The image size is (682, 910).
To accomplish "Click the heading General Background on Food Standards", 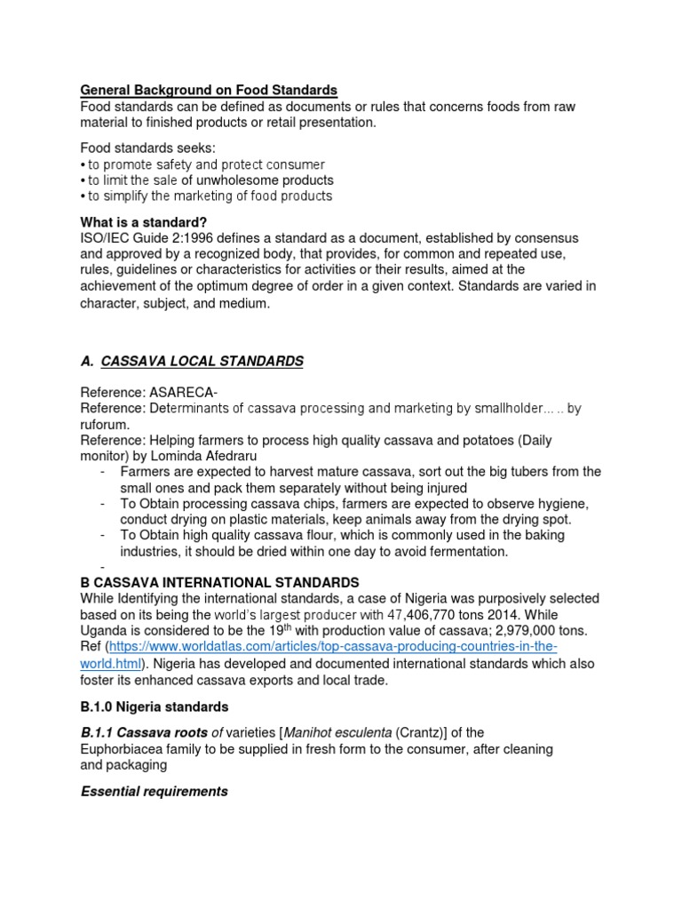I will pyautogui.click(x=209, y=90).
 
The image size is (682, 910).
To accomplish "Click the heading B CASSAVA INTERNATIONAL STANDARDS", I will pyautogui.click(x=219, y=582).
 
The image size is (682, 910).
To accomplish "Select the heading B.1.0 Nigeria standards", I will pyautogui.click(x=155, y=706).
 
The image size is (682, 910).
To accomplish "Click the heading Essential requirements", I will pyautogui.click(x=155, y=791).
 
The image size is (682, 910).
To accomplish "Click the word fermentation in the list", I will pyautogui.click(x=453, y=551).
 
